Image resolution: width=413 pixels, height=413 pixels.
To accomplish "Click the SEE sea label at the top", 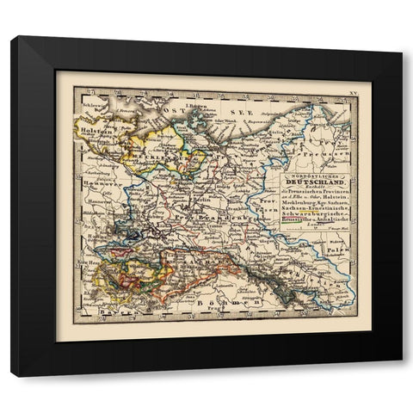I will pyautogui.click(x=232, y=111).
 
